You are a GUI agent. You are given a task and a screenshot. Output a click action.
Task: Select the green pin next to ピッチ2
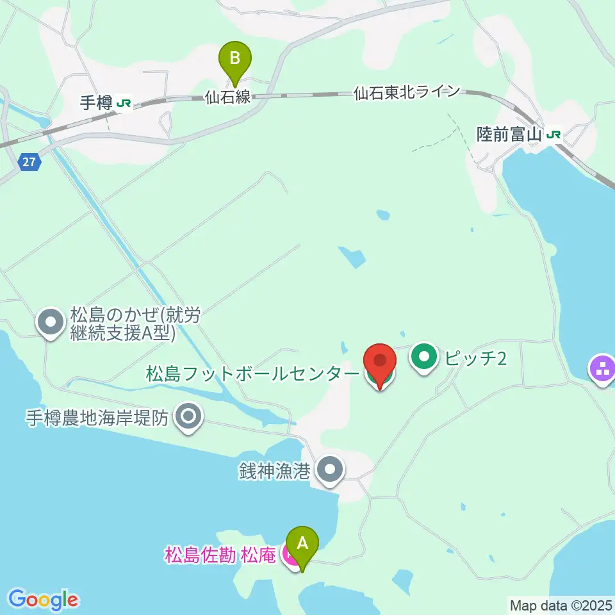[424, 357]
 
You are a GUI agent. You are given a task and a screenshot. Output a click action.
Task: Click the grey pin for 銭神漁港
[330, 470]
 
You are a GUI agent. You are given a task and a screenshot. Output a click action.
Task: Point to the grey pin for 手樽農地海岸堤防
[188, 418]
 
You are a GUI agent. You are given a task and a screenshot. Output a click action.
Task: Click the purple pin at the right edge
[602, 370]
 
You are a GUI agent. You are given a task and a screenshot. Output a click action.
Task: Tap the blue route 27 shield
[28, 162]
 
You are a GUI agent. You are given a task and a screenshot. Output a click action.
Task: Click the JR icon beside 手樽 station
[124, 102]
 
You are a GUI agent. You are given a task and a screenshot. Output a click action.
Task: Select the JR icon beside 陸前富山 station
[554, 135]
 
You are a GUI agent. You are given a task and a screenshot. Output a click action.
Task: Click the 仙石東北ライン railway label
[407, 92]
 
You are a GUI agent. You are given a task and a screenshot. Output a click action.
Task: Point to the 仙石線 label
[228, 98]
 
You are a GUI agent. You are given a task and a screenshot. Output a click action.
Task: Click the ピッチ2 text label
[475, 358]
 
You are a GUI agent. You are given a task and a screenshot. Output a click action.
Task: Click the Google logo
[43, 600]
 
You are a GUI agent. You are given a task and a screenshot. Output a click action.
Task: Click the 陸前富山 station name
[509, 135]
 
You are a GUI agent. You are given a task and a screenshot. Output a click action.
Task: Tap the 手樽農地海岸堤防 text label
[97, 418]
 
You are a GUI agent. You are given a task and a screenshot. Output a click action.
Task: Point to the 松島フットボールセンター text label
[252, 373]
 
